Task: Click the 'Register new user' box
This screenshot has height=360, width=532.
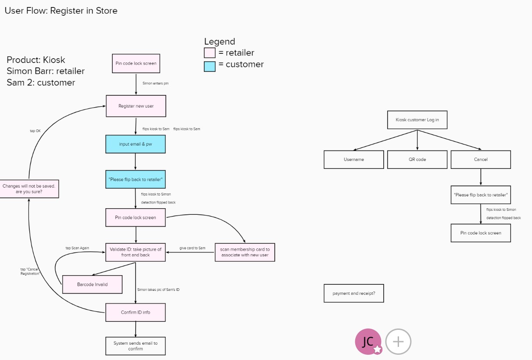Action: coord(136,106)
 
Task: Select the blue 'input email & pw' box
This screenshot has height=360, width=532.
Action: coord(135,144)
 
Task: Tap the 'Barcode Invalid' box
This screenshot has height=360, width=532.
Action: coord(92,284)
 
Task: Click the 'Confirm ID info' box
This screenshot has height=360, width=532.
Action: coord(135,312)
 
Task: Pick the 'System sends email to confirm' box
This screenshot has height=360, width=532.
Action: coord(135,346)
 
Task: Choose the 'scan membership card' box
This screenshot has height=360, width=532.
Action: coord(245,252)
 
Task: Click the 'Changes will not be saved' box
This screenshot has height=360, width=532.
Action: coord(29,189)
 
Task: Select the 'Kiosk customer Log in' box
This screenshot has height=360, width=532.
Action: coord(417,120)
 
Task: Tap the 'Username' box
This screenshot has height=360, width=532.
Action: coord(353,160)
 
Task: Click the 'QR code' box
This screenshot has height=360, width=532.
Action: coord(417,160)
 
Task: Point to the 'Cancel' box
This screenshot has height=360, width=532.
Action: coord(481,160)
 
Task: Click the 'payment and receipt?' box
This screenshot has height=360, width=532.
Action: coord(353,293)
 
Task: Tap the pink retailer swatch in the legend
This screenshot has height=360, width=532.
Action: coord(210,53)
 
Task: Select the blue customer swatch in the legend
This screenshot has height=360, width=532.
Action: coord(210,66)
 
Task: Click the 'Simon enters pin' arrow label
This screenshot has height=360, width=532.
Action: coord(155,84)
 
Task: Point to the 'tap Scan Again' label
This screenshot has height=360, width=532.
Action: coord(77,248)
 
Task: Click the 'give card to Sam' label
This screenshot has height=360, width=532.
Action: coord(192,248)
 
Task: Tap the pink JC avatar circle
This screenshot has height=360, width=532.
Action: coord(368,342)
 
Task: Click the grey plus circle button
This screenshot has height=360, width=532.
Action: coord(398,342)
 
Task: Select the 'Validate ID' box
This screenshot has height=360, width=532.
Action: coord(135,252)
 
